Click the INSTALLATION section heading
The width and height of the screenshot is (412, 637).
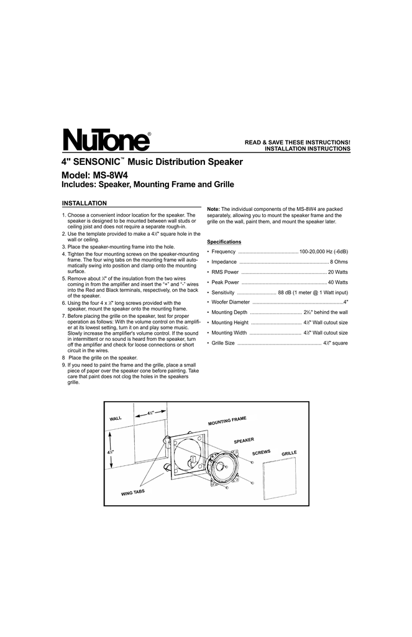pyautogui.click(x=85, y=203)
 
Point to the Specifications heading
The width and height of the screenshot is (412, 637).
pyautogui.click(x=224, y=241)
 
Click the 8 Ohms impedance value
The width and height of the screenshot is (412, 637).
pyautogui.click(x=339, y=262)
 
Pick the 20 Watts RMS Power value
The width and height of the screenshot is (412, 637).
pyautogui.click(x=337, y=272)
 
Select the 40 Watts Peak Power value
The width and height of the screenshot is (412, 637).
pyautogui.click(x=337, y=282)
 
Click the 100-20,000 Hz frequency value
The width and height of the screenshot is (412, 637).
pyautogui.click(x=323, y=251)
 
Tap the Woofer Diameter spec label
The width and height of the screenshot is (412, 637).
pyautogui.click(x=231, y=302)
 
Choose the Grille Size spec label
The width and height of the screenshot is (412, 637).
pyautogui.click(x=223, y=343)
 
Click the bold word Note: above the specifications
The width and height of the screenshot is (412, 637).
pyautogui.click(x=214, y=209)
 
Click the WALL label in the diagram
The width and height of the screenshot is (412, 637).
pyautogui.click(x=116, y=418)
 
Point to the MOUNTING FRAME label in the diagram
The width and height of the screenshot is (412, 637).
pyautogui.click(x=227, y=422)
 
